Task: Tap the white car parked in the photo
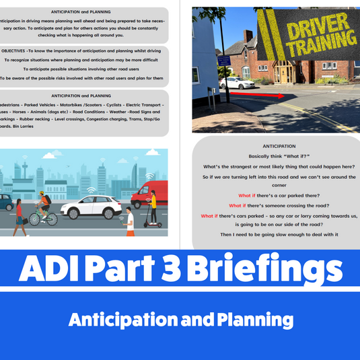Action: click(x=237, y=83)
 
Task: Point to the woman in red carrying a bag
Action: click(x=19, y=215)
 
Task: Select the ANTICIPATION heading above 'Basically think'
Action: click(x=276, y=146)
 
